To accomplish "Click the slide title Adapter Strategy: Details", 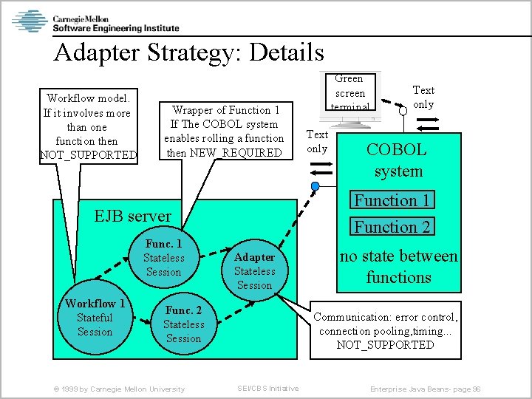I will [x=188, y=52].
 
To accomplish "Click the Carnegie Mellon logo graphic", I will [x=30, y=21].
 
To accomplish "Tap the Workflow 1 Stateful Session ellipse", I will [x=95, y=317].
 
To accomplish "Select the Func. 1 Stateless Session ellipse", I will [x=163, y=258].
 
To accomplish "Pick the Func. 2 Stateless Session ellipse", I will [x=183, y=324].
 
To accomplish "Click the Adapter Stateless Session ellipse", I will [x=254, y=271].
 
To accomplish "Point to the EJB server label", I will [x=133, y=216].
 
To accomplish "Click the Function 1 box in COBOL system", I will [x=392, y=200].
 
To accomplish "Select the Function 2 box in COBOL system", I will [x=392, y=227].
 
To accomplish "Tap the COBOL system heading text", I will [x=398, y=160].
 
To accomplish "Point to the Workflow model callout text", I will [x=88, y=126].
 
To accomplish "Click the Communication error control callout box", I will [x=385, y=330].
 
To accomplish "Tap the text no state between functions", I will [x=398, y=267].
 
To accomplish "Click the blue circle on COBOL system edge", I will [x=316, y=185].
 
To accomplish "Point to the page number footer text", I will [x=426, y=389].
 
